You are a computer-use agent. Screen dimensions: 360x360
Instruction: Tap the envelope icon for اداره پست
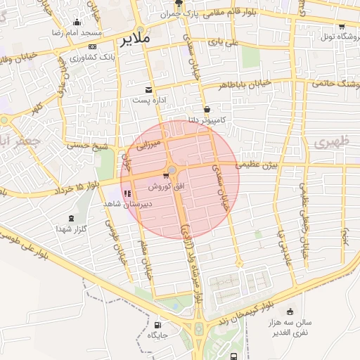148,90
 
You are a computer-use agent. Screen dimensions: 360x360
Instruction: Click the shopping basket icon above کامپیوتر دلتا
207,110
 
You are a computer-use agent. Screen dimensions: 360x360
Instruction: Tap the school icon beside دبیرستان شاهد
127,194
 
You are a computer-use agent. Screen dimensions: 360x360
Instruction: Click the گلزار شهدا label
72,229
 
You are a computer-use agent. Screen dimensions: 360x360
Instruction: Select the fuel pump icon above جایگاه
157,325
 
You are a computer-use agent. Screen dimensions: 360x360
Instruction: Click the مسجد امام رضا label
79,33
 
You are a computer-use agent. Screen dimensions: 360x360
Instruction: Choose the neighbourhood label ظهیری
326,142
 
